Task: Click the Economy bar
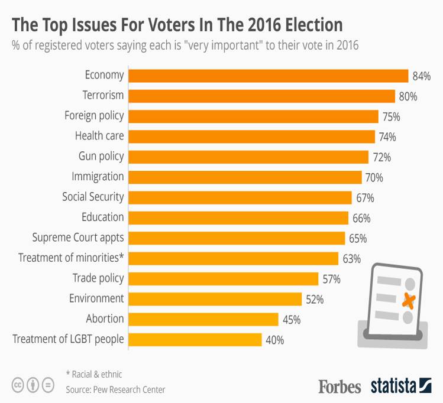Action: [268, 76]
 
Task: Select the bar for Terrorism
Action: [261, 96]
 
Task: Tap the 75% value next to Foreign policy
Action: [391, 117]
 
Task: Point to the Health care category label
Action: [99, 136]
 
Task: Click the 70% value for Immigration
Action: [374, 177]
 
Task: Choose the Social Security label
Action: [93, 197]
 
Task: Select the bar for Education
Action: [238, 217]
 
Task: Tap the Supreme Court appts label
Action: [78, 238]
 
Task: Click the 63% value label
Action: [351, 258]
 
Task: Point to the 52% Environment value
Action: [315, 300]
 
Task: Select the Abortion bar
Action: [203, 319]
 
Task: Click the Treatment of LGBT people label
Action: [68, 339]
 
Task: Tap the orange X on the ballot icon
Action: [408, 301]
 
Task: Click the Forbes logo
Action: [339, 386]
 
